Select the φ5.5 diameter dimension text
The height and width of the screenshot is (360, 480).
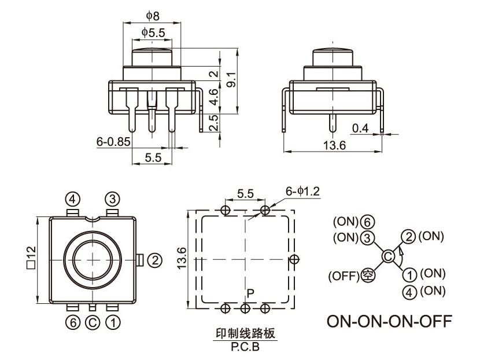153,34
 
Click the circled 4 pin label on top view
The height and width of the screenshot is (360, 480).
72,199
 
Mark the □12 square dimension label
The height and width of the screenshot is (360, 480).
31,258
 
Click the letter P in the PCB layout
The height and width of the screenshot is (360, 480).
250,293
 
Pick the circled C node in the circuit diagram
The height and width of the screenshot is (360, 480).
388,256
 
